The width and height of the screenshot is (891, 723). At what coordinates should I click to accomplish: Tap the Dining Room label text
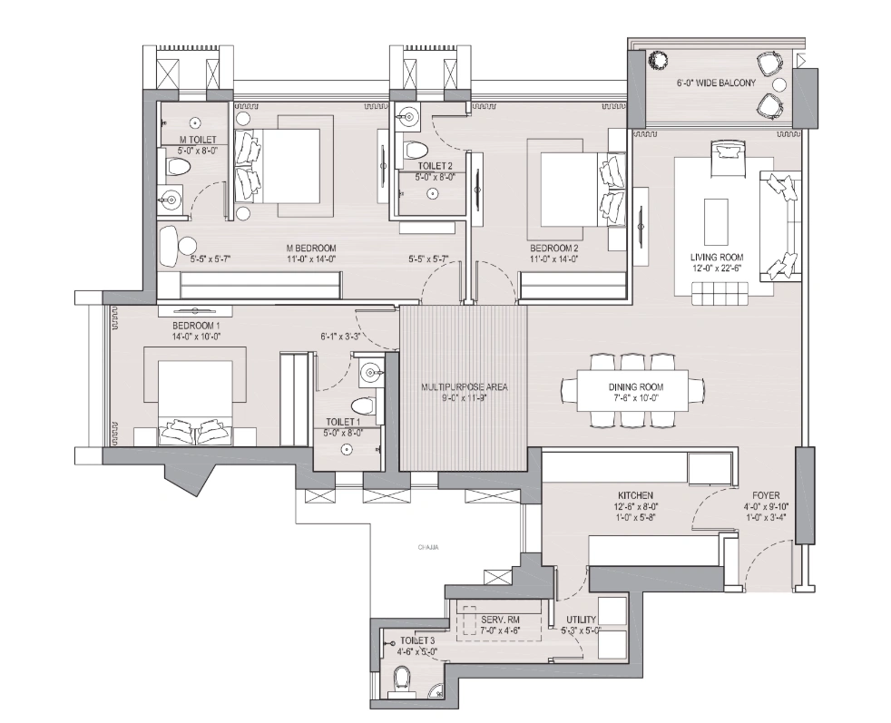[x=632, y=386]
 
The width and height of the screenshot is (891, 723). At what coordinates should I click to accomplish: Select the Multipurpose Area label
[x=464, y=387]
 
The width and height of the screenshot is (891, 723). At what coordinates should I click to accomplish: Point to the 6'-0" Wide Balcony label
[x=716, y=83]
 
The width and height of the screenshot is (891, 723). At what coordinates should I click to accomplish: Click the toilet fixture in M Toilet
[x=178, y=168]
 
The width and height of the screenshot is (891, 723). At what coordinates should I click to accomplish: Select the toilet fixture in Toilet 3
[x=401, y=678]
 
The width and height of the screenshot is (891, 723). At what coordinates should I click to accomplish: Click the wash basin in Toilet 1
[x=370, y=370]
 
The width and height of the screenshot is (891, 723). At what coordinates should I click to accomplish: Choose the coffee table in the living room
[x=716, y=219]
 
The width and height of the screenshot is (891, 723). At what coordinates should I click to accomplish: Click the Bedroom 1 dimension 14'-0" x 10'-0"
[x=196, y=337]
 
